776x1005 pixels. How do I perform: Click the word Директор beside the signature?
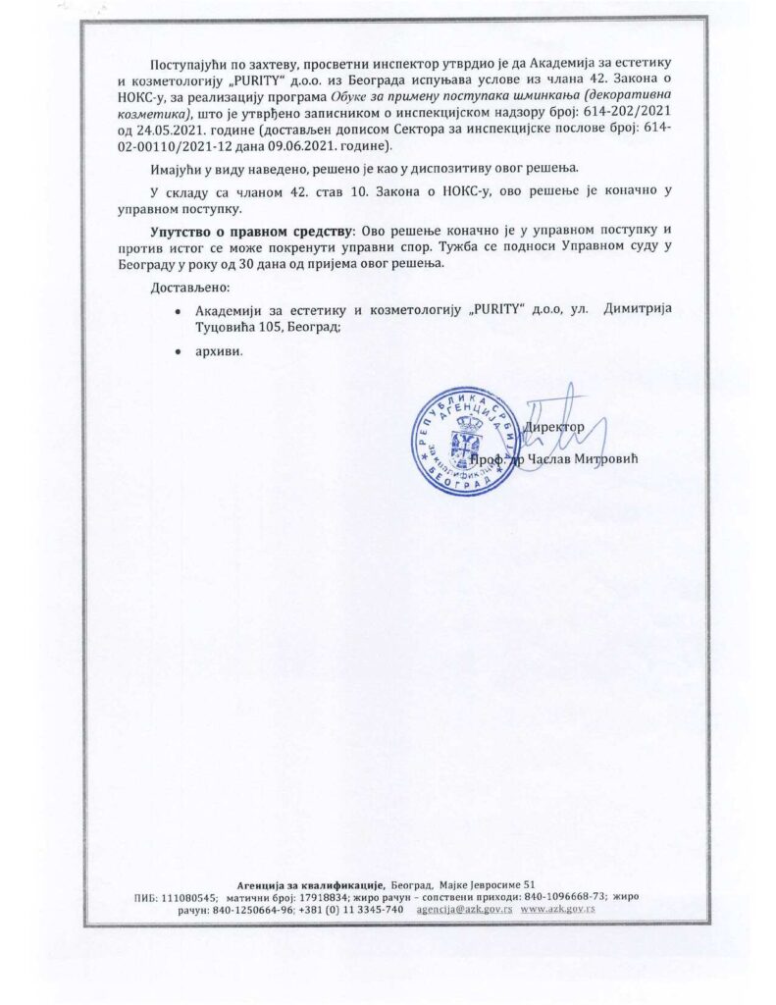[x=555, y=427]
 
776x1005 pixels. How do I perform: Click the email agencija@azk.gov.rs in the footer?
[x=463, y=910]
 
